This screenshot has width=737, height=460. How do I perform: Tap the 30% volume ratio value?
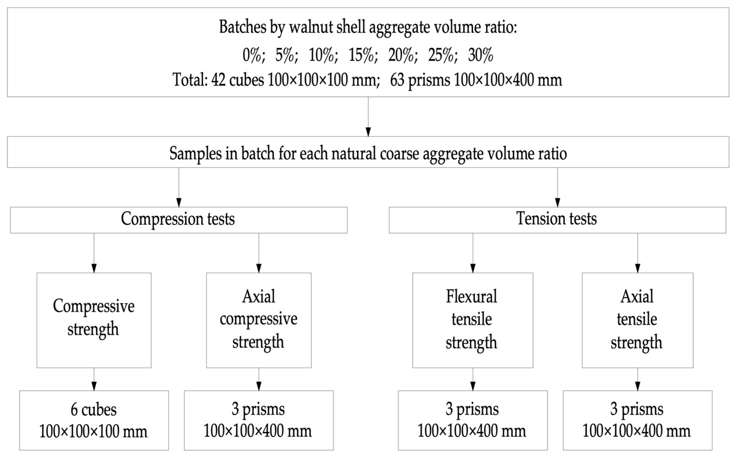tap(480, 56)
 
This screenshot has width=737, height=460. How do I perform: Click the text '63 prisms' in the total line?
tap(420, 80)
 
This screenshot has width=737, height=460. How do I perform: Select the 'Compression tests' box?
tap(178, 220)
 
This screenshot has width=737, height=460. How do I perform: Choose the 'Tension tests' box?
tap(557, 220)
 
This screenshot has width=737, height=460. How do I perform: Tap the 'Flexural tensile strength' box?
tap(472, 320)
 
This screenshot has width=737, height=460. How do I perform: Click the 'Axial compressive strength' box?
tap(259, 320)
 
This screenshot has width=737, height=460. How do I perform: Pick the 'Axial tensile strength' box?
tap(637, 320)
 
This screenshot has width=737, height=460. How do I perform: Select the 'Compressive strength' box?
tap(94, 320)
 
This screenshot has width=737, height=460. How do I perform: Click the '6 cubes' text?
tap(94, 410)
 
